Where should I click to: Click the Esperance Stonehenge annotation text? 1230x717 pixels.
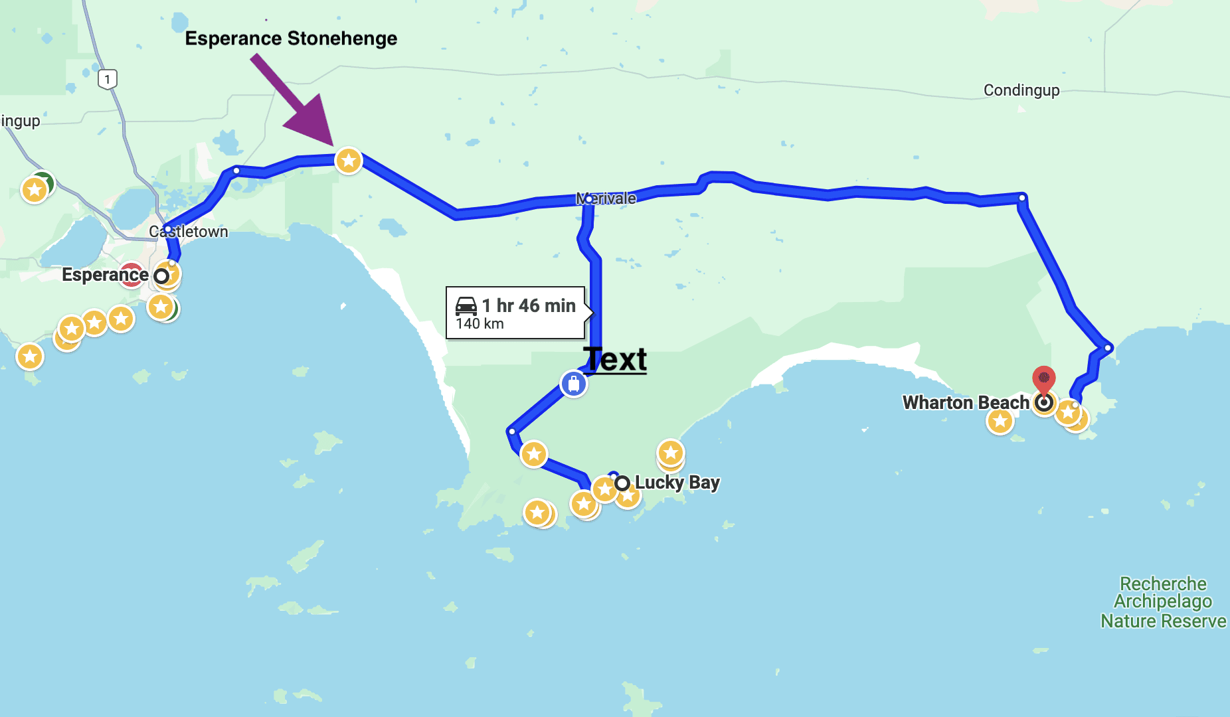[291, 39]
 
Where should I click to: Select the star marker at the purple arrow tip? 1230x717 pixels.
[349, 161]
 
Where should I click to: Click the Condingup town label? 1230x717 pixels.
[1021, 90]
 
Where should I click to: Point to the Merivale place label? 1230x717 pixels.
[606, 199]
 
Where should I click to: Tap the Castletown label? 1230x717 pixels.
[189, 232]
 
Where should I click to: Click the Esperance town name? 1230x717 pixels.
[105, 275]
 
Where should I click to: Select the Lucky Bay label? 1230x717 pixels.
[677, 482]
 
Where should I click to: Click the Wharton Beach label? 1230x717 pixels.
[966, 402]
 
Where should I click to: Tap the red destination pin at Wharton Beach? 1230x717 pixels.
[1044, 379]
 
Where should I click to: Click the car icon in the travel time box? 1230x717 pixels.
[466, 306]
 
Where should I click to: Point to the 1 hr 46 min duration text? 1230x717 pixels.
[529, 305]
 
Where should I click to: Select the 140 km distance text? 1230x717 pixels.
[480, 324]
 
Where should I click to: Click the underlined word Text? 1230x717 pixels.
[616, 359]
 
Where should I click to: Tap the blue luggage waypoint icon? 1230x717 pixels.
[573, 384]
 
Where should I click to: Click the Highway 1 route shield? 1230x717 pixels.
[108, 80]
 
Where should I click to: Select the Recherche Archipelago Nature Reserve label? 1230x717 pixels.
[1163, 602]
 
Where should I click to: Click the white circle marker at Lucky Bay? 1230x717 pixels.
[622, 483]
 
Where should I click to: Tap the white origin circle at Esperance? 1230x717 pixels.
[161, 276]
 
